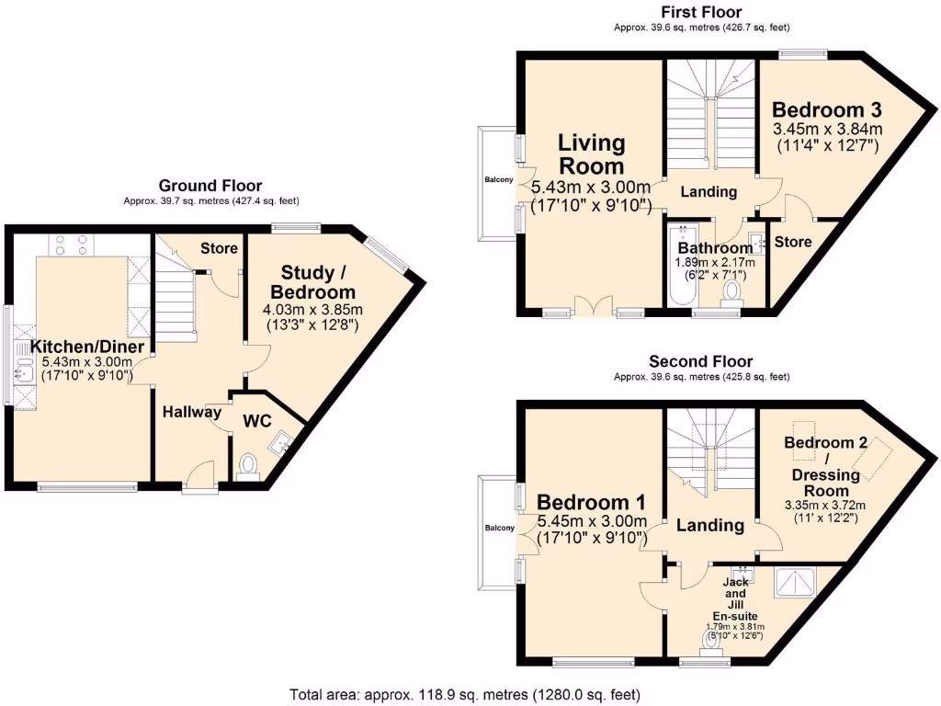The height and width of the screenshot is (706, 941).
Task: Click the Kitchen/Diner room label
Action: (x=88, y=347)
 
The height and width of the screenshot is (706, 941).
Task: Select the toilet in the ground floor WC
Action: (x=245, y=466)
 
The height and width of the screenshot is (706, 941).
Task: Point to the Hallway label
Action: (x=192, y=412)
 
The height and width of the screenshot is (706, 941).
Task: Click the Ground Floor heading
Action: (x=210, y=186)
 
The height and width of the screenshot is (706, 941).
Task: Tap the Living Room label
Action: (x=592, y=154)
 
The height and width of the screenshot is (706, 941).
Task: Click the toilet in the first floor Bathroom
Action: (x=732, y=291)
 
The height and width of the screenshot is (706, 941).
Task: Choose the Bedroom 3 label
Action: (x=826, y=108)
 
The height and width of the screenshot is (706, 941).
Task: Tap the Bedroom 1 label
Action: (x=591, y=503)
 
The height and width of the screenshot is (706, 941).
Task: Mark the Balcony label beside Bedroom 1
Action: (x=499, y=528)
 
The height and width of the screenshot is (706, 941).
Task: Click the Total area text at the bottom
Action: (x=464, y=694)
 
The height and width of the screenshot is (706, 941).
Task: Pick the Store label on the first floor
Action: (x=793, y=242)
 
